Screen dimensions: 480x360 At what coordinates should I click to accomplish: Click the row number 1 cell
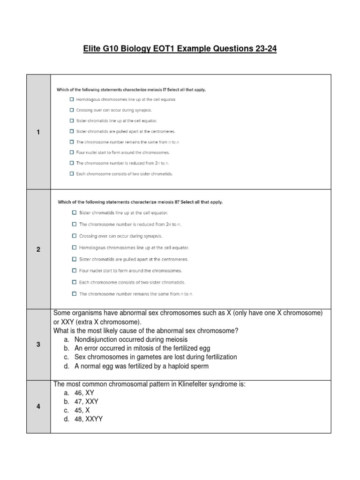pyautogui.click(x=38, y=132)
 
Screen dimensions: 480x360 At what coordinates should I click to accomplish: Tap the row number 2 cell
pyautogui.click(x=38, y=249)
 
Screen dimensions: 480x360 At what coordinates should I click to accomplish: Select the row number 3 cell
pyautogui.click(x=38, y=345)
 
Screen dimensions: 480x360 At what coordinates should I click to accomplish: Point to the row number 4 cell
pyautogui.click(x=38, y=406)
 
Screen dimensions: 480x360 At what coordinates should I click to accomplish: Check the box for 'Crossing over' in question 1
pyautogui.click(x=72, y=110)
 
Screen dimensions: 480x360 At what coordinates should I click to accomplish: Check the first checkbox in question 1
pyautogui.click(x=72, y=99)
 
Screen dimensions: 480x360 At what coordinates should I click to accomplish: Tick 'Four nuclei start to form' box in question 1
pyautogui.click(x=72, y=152)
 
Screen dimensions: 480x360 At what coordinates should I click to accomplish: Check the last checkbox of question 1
pyautogui.click(x=72, y=173)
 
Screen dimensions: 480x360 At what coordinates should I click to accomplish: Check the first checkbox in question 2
pyautogui.click(x=74, y=213)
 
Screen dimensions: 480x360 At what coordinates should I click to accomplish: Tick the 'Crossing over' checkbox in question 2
pyautogui.click(x=74, y=236)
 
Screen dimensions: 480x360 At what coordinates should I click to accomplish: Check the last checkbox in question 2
pyautogui.click(x=74, y=294)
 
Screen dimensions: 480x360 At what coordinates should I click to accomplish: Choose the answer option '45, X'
pyautogui.click(x=82, y=410)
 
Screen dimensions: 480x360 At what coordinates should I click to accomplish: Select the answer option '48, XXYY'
pyautogui.click(x=88, y=419)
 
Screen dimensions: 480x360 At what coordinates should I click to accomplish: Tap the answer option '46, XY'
pyautogui.click(x=84, y=393)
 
